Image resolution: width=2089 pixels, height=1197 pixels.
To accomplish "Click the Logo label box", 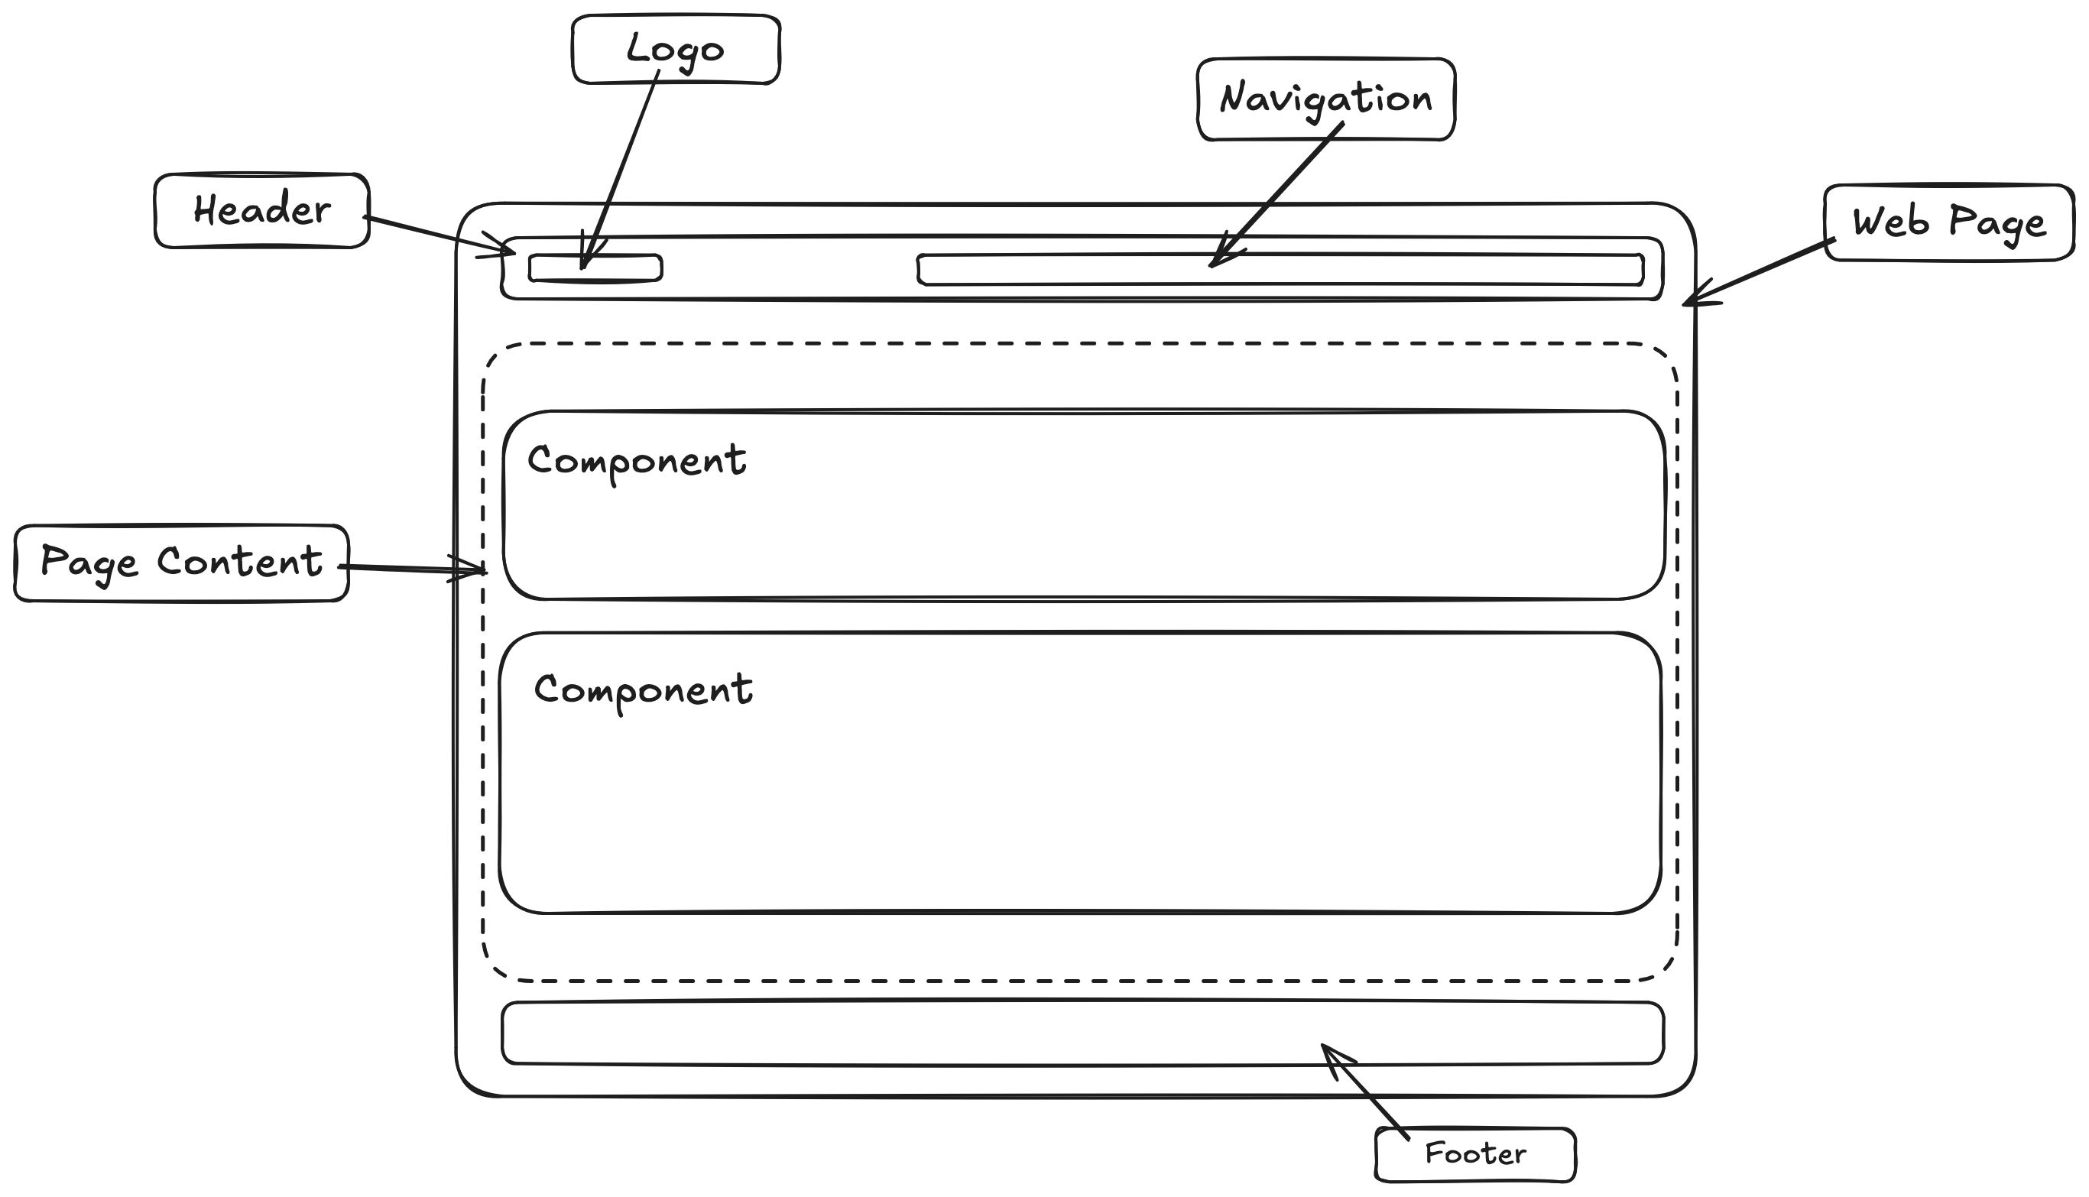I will pos(676,50).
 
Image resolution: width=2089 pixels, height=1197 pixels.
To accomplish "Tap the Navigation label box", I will pos(1325,99).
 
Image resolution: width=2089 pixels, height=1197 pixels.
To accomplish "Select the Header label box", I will pos(261,210).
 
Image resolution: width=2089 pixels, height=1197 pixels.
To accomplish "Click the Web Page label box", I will pos(1948,222).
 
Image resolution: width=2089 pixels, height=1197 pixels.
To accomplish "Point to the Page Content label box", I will pos(181,563).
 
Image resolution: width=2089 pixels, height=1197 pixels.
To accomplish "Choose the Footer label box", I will pos(1475,1154).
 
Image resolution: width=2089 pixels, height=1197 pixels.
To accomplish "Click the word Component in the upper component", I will pos(637,461).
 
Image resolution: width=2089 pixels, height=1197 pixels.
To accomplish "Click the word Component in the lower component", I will pos(643,690).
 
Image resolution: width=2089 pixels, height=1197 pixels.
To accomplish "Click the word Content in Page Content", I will pos(239,563).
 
